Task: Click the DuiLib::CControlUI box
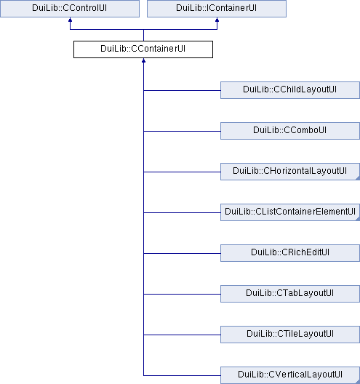point(70,9)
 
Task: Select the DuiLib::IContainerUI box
point(217,9)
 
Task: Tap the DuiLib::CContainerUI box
point(143,49)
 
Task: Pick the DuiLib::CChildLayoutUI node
point(290,90)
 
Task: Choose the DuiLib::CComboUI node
point(290,131)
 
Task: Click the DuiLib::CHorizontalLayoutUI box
point(290,172)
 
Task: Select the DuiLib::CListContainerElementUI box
point(290,212)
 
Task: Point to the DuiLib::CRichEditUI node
point(290,253)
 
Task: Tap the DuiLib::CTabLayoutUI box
point(290,294)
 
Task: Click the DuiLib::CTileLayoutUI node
point(290,335)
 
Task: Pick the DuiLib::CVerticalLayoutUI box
point(290,375)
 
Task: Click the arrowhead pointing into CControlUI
point(70,20)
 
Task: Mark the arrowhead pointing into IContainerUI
point(217,20)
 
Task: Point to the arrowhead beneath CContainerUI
point(143,60)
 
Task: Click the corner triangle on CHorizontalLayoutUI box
point(358,178)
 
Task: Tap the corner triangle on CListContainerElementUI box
point(358,219)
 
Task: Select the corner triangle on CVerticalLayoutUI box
point(358,382)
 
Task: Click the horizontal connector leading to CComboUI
point(182,131)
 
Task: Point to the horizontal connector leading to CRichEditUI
point(182,254)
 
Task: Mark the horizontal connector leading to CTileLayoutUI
point(182,335)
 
